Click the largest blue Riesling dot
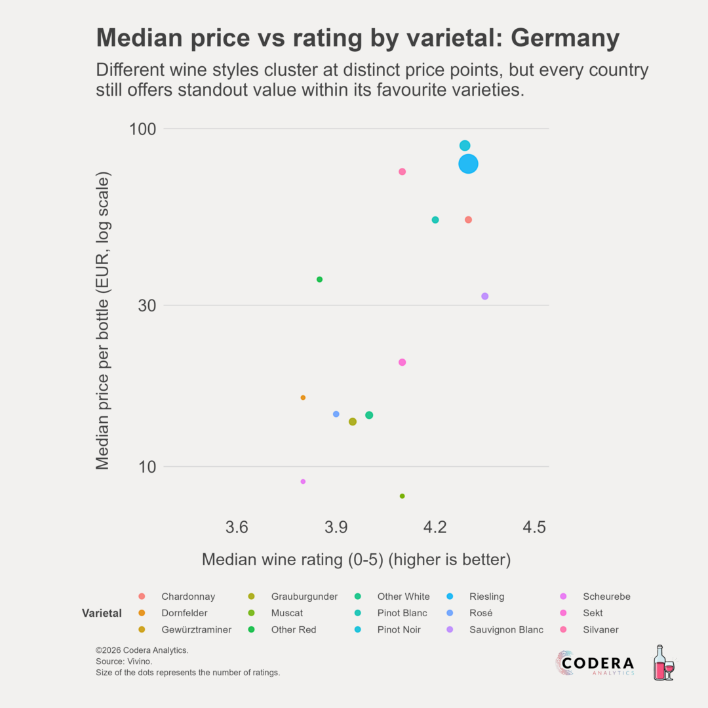tap(468, 164)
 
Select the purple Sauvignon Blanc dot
tap(485, 296)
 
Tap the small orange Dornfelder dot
tap(303, 398)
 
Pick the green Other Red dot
tap(319, 279)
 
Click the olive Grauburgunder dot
tap(353, 422)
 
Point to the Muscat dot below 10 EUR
tap(403, 496)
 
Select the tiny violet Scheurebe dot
tap(303, 482)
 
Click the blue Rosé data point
tap(336, 414)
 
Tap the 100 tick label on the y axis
tap(138, 129)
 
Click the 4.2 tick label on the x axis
tap(435, 527)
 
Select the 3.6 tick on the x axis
tap(237, 527)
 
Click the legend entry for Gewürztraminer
tap(196, 630)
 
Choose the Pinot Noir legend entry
tap(399, 630)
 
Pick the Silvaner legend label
tap(600, 630)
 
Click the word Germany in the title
tap(565, 39)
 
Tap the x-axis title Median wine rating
tap(356, 560)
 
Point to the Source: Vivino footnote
tap(124, 661)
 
